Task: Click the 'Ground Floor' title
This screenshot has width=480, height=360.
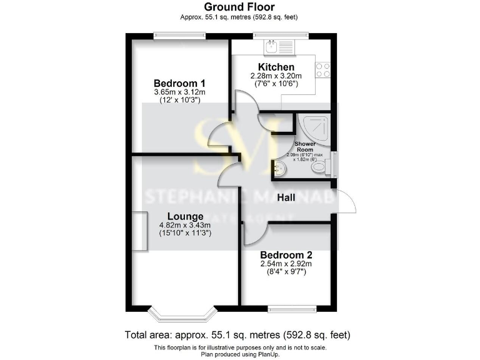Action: click(x=239, y=7)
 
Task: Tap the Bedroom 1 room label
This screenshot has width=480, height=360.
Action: click(x=179, y=83)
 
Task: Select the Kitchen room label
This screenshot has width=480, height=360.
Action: click(x=276, y=67)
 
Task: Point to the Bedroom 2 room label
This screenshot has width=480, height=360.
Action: click(x=286, y=255)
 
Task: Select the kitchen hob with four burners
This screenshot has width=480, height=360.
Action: click(x=322, y=70)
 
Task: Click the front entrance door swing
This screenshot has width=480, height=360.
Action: click(x=347, y=201)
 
